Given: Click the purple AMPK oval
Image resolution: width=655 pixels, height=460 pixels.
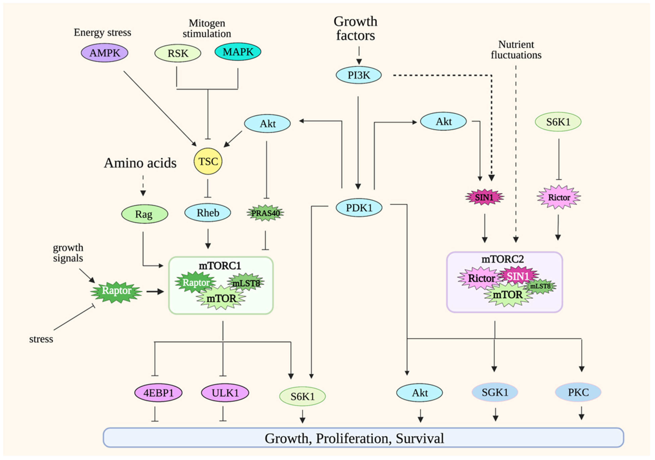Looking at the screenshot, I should click(104, 53).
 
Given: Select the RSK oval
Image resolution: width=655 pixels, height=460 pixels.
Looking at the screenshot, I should click(178, 53).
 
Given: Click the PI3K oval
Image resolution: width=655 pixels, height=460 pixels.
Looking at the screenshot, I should click(359, 75).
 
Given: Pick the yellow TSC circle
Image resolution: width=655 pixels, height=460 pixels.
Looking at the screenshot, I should click(208, 161).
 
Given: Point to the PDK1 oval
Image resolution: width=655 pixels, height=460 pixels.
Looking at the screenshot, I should click(359, 208).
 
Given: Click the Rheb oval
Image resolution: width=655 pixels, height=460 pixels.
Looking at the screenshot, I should click(208, 213).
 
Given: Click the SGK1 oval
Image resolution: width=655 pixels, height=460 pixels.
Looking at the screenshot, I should click(495, 392).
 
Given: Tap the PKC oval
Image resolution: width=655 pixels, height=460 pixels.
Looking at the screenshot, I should click(578, 392).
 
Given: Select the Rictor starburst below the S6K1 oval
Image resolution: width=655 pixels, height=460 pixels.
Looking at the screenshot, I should click(558, 197).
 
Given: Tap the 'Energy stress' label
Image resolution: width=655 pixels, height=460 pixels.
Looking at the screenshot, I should click(102, 32).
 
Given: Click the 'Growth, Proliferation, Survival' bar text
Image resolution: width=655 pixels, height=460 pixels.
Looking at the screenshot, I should click(354, 438).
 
